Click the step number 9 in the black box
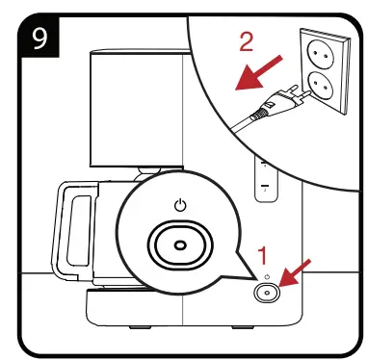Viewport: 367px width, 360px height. click(39, 39)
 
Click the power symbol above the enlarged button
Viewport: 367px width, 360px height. click(179, 204)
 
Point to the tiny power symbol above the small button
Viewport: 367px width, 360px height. click(264, 277)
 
